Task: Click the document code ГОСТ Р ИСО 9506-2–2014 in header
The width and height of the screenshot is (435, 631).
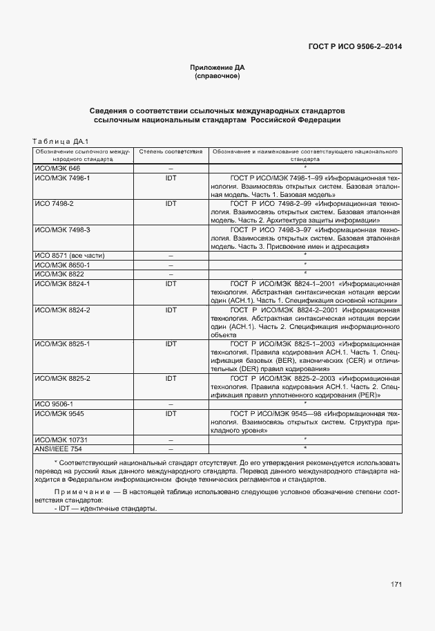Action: (x=355, y=48)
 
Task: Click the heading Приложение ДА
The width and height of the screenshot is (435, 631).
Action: (x=217, y=68)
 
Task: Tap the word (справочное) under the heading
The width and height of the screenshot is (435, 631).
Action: (x=217, y=76)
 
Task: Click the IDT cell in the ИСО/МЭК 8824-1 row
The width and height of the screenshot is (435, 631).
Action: (x=171, y=283)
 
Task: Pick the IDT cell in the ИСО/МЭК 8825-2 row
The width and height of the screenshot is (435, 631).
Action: (x=171, y=379)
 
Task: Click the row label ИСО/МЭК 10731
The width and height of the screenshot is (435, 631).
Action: (x=61, y=439)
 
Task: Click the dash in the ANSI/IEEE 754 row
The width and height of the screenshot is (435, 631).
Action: (x=171, y=449)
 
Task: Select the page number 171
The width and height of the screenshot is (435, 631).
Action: (x=396, y=585)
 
